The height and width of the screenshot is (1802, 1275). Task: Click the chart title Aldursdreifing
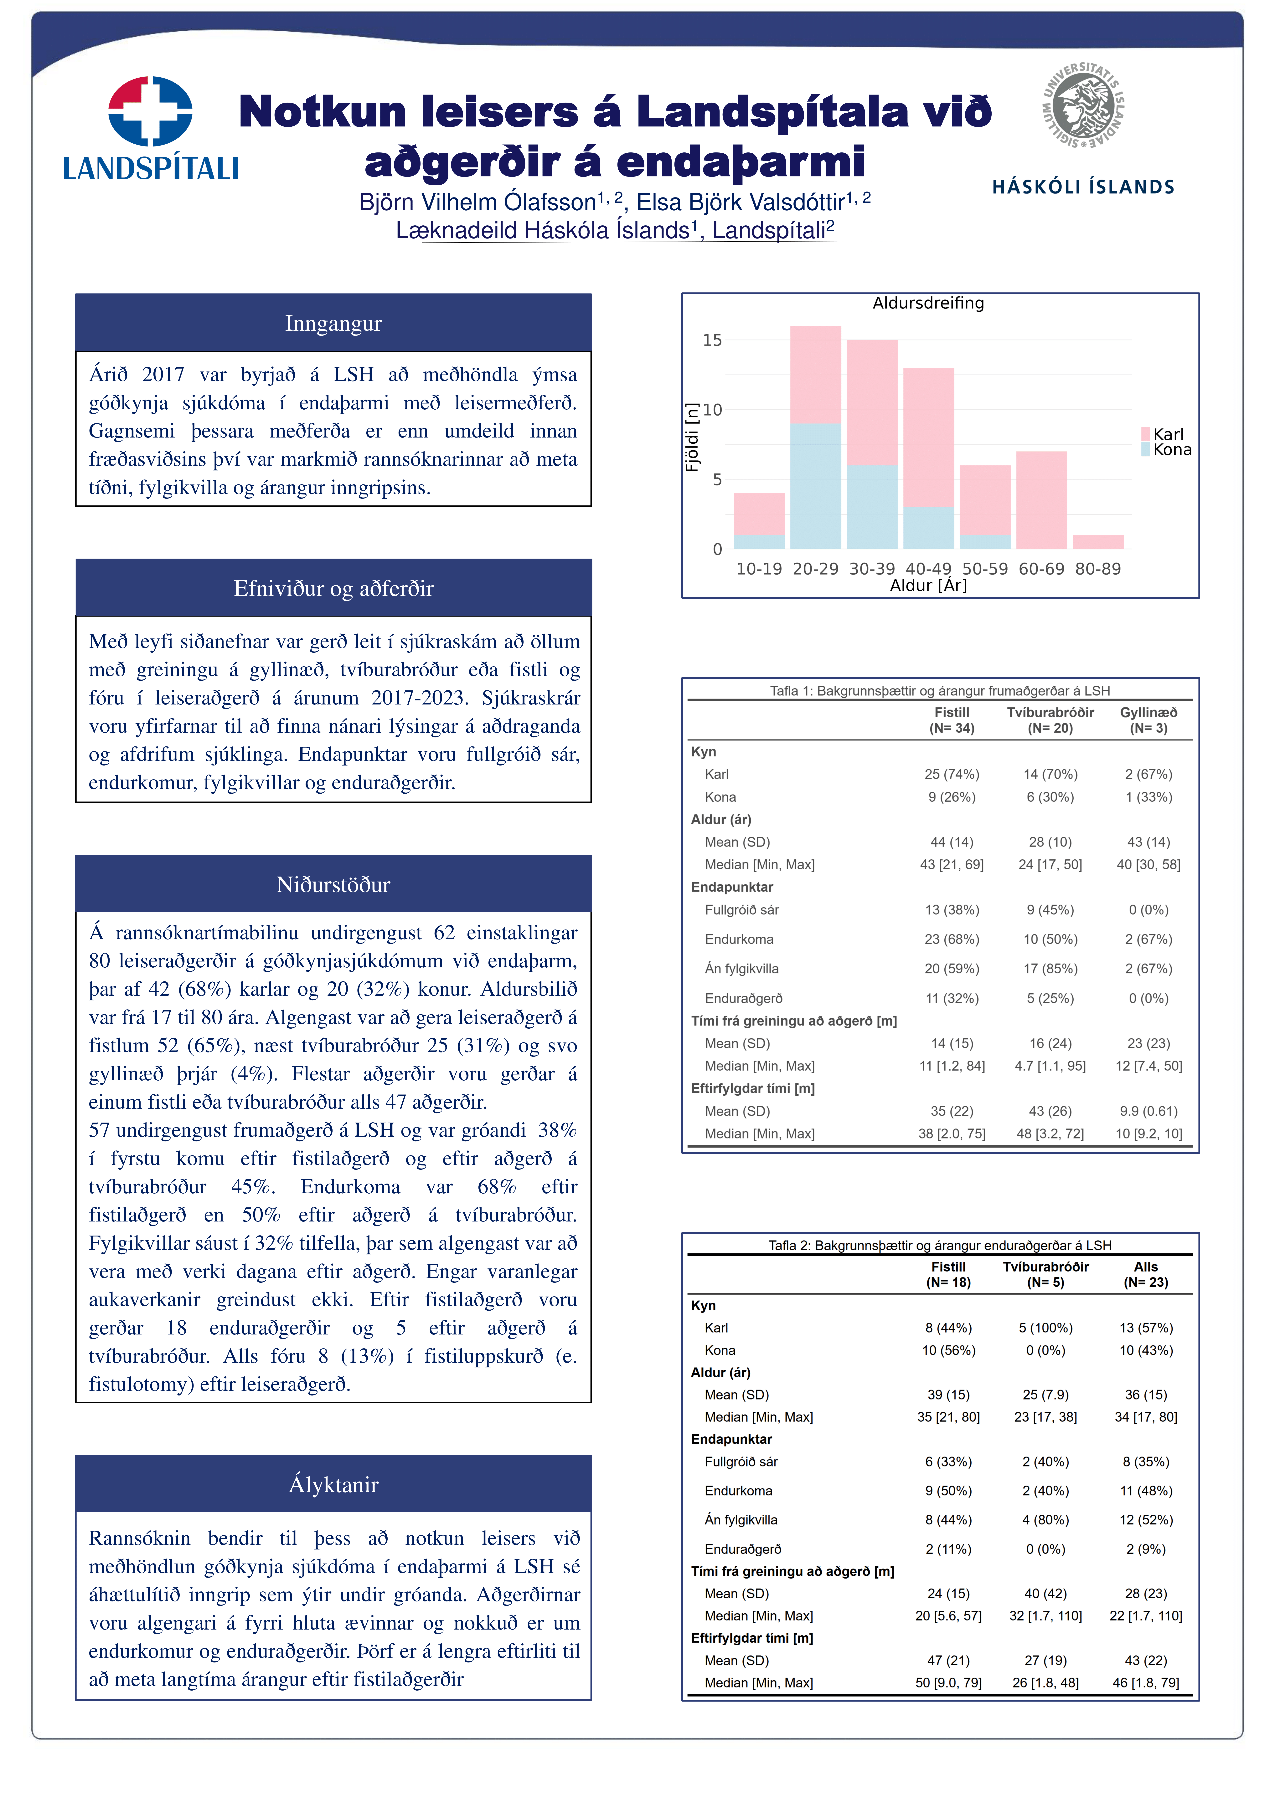coord(928,303)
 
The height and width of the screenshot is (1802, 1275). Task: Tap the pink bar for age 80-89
coord(1097,541)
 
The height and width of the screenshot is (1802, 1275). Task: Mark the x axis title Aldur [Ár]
coord(928,586)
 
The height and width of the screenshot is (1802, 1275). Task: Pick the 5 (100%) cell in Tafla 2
coord(1045,1328)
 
